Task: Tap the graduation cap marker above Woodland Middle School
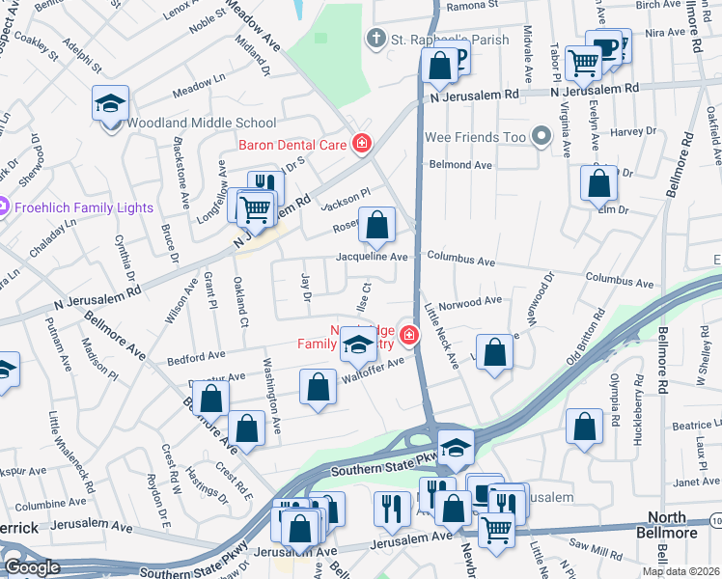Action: (110, 103)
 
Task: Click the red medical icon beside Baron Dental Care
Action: (362, 145)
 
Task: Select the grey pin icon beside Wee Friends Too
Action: (541, 138)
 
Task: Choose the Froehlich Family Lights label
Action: (83, 207)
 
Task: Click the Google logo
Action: (32, 567)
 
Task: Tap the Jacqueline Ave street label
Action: (372, 258)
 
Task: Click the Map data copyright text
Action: (679, 570)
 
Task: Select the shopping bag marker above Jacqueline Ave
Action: (378, 226)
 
